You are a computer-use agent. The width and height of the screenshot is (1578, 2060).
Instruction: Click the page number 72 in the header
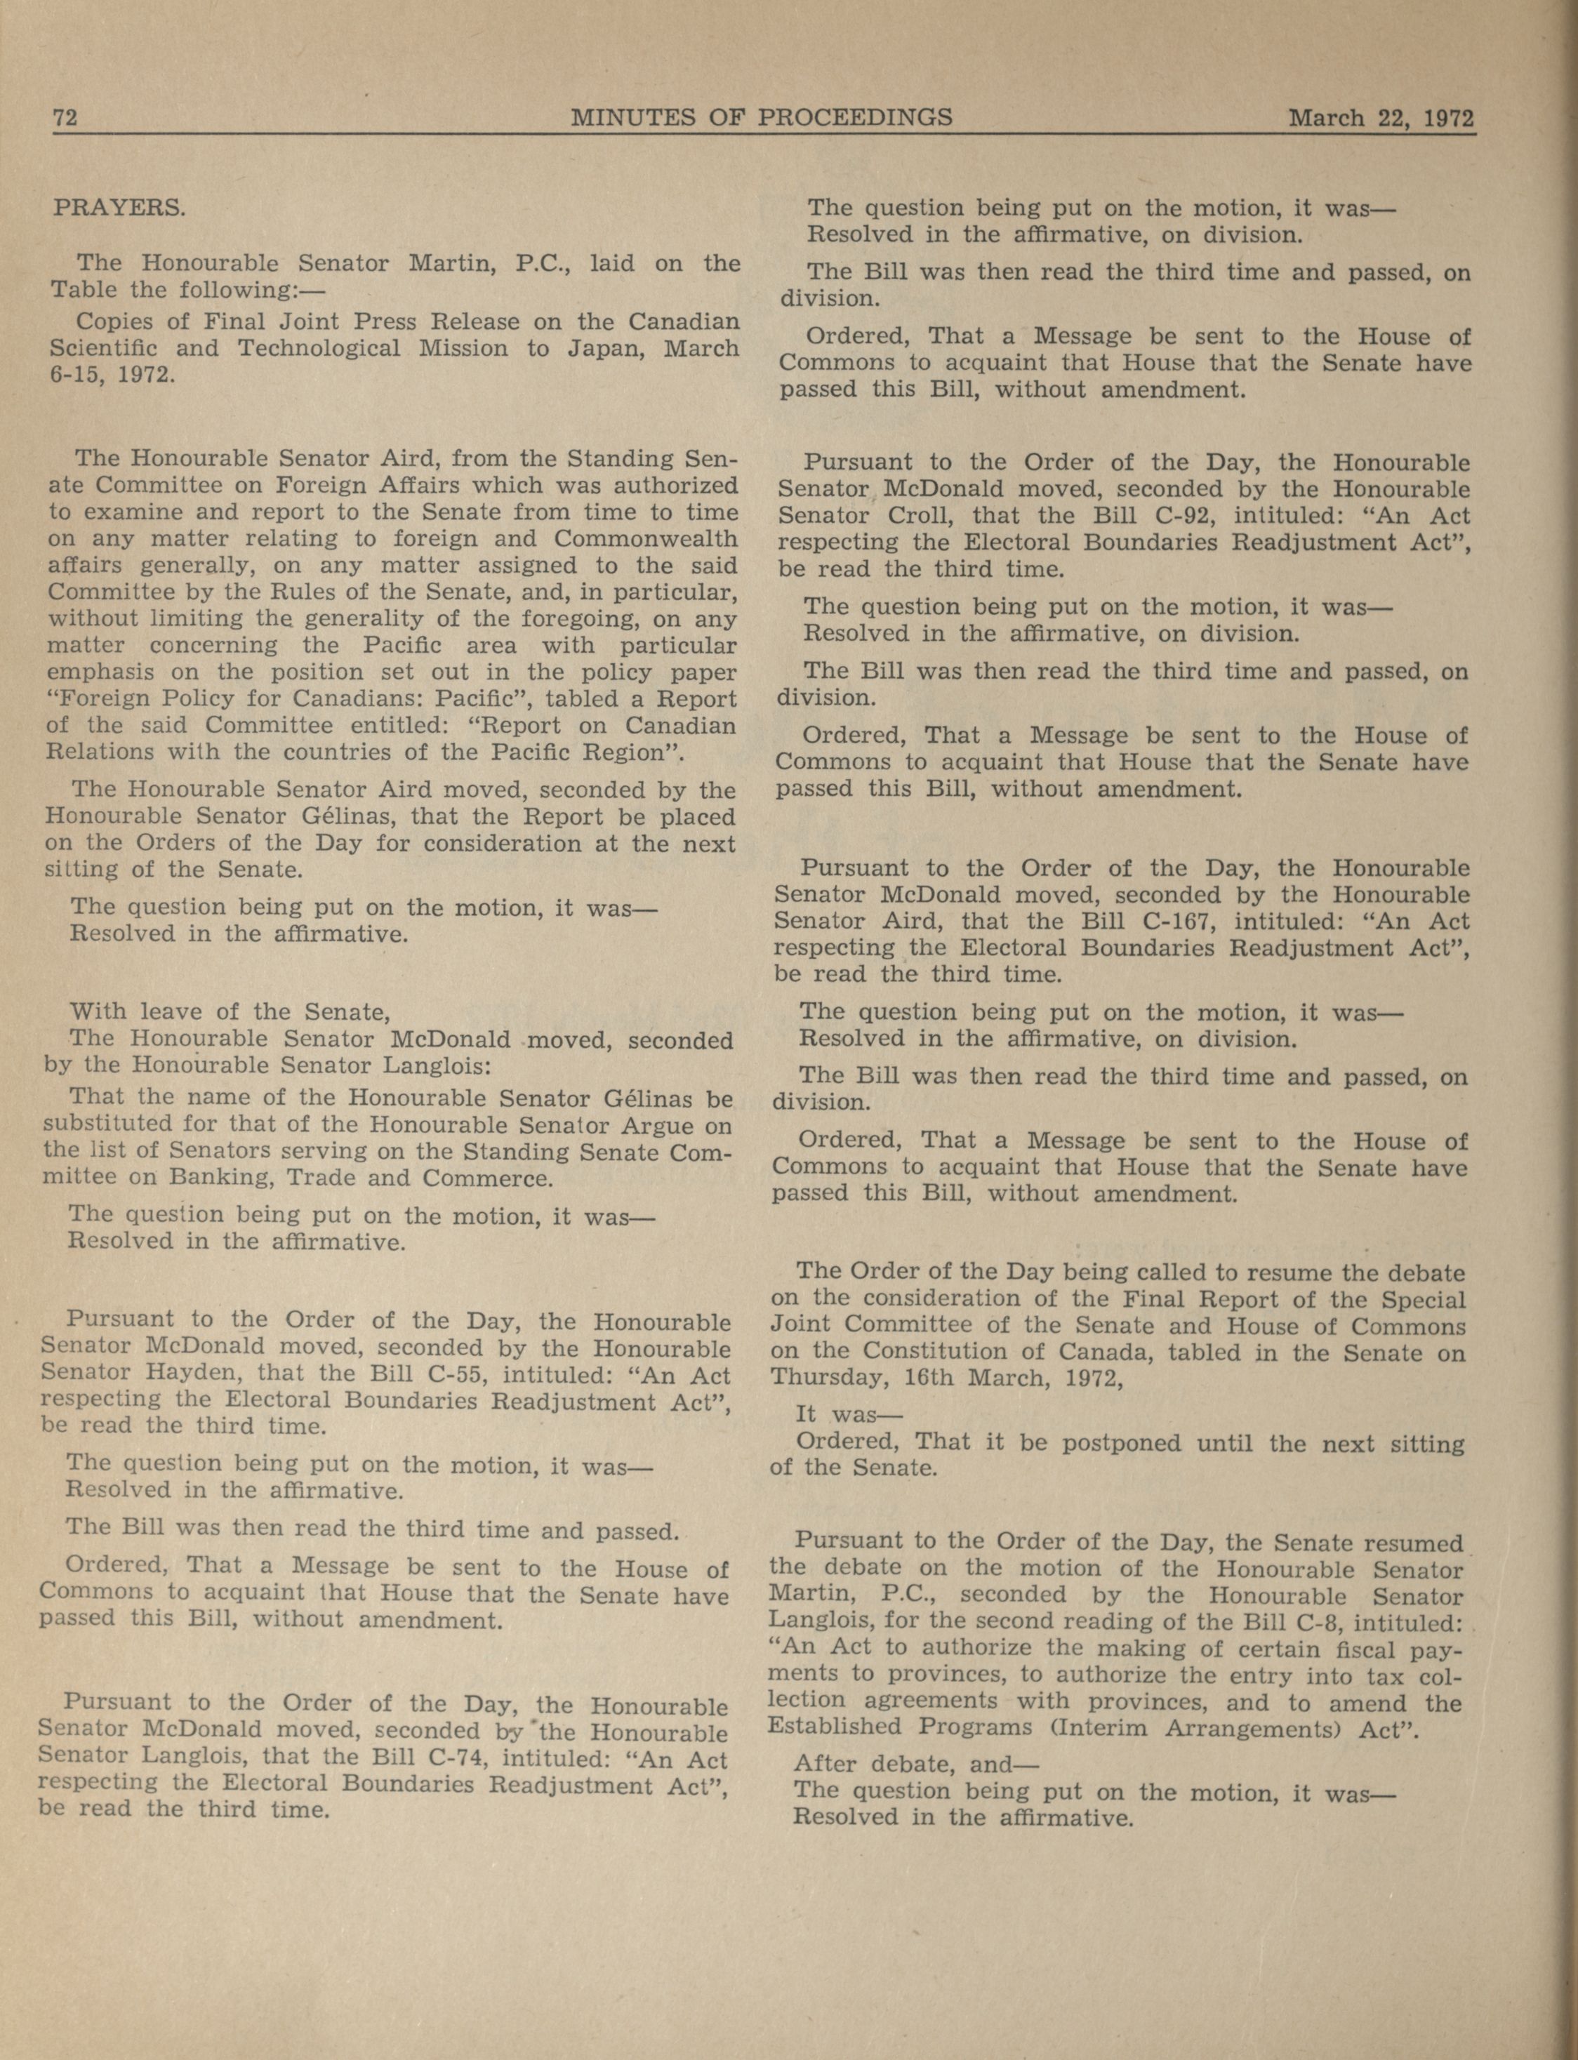point(64,119)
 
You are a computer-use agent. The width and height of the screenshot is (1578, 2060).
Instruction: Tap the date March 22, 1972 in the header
point(1380,119)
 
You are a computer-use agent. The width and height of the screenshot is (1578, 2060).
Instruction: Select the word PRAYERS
point(119,208)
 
